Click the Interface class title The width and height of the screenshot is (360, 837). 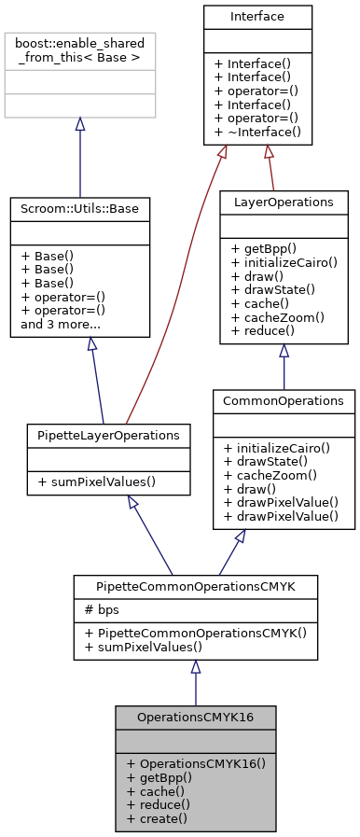click(x=257, y=17)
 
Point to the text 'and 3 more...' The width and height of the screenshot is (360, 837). click(x=62, y=325)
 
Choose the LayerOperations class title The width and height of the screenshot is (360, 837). click(x=283, y=202)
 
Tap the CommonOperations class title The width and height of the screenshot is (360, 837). click(x=284, y=400)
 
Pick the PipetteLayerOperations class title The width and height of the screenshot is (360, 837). click(x=109, y=435)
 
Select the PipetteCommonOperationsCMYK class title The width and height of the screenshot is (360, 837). click(x=195, y=586)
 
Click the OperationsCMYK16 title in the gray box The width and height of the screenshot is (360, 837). click(x=195, y=717)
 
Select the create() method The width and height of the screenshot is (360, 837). click(x=156, y=818)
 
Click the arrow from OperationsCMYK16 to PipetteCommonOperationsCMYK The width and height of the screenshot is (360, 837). click(x=195, y=681)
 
